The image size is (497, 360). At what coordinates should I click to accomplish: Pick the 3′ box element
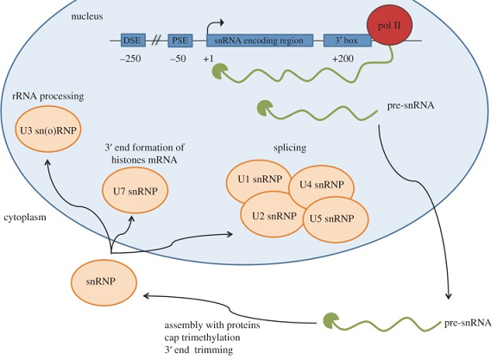point(340,40)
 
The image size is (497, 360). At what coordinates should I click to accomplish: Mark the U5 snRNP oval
point(326,218)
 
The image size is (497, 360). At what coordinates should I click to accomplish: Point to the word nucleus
point(90,16)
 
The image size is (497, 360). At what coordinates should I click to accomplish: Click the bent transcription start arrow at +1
point(214,23)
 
